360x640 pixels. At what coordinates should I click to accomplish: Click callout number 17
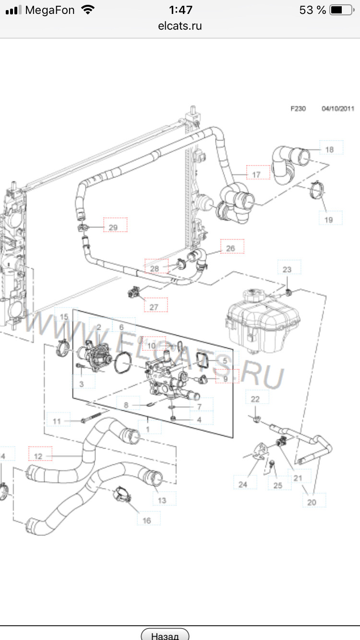pos(256,175)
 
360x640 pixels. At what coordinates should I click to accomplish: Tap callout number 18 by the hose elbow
pos(329,150)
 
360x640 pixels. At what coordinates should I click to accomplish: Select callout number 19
pos(329,220)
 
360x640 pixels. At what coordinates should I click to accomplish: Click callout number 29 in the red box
pos(113,227)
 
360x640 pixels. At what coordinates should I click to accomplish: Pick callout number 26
pos(230,249)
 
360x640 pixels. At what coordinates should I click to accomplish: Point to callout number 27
pos(154,307)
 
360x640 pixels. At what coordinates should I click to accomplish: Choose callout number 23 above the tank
pos(287,270)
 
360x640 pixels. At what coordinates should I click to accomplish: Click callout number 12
pos(38,456)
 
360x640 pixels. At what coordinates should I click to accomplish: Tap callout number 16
pos(147,520)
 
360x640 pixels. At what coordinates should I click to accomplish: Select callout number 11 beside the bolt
pos(57,421)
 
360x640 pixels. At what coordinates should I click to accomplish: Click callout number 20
pos(312,502)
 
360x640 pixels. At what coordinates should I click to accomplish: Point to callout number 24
pos(243,485)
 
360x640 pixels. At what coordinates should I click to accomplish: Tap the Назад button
pos(165,635)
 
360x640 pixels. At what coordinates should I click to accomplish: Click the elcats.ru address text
pos(180,26)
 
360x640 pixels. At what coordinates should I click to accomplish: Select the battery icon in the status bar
pos(341,10)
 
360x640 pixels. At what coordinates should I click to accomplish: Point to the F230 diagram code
pos(298,108)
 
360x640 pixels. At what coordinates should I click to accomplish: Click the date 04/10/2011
pos(338,108)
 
